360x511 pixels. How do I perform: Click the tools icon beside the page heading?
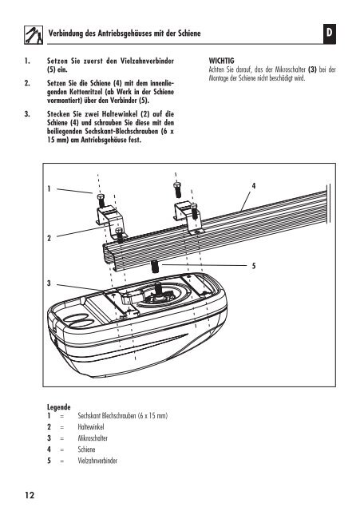[x=34, y=35]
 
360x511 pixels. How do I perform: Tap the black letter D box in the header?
[x=330, y=34]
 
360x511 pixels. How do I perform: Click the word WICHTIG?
[x=222, y=61]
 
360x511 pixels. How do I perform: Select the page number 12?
[x=30, y=495]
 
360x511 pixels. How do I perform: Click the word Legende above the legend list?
[x=58, y=407]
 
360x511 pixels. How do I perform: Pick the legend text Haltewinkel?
[x=91, y=427]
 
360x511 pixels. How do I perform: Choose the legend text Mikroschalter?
[x=93, y=438]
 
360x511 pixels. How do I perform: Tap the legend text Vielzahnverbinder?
[x=97, y=461]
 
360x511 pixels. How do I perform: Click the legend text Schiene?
[x=86, y=450]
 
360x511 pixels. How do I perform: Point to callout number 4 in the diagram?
[x=254, y=186]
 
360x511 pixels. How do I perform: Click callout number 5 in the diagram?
[x=254, y=266]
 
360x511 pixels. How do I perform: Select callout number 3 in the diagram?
[x=49, y=283]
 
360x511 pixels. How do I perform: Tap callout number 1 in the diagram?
[x=49, y=188]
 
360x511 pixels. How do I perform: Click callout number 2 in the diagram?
[x=49, y=238]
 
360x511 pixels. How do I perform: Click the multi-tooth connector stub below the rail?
[x=154, y=267]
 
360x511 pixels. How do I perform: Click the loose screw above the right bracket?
[x=177, y=190]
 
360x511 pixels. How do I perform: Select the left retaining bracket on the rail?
[x=111, y=220]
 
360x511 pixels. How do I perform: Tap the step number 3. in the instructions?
[x=26, y=114]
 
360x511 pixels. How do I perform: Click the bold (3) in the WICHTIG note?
[x=312, y=69]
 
